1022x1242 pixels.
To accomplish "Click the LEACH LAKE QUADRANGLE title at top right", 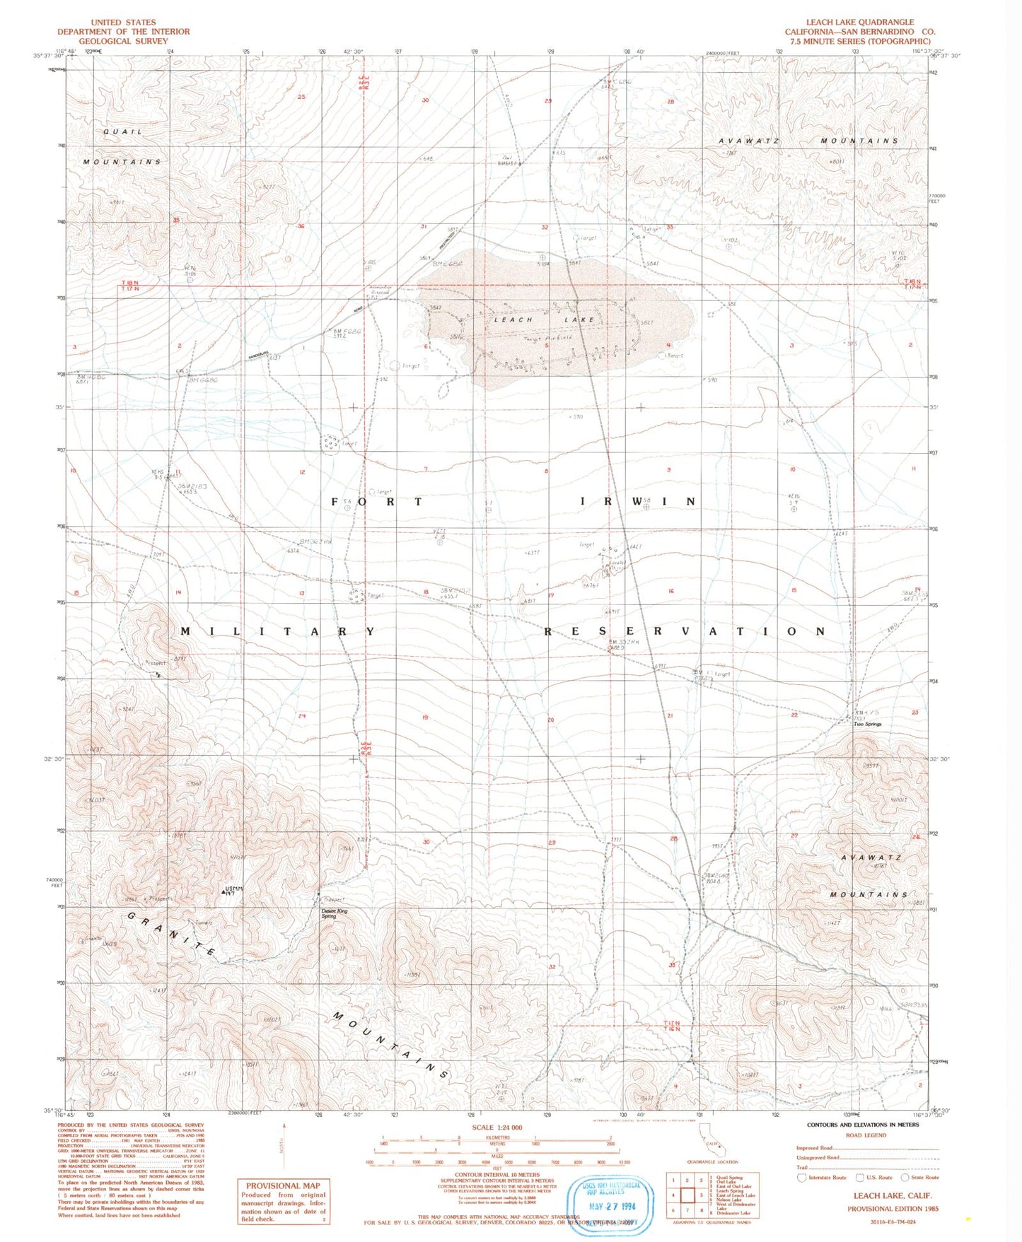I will click(859, 22).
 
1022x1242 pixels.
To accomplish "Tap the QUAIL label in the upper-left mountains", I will click(122, 132).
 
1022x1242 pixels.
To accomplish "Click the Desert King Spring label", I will click(335, 913).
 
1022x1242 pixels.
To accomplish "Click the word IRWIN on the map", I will click(637, 501).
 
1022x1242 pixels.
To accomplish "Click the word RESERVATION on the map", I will click(684, 631).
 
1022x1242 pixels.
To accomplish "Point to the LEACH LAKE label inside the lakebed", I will click(544, 320).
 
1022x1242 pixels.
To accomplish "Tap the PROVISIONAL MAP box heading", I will click(283, 1185).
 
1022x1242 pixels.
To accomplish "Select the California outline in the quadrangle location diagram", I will click(711, 1143).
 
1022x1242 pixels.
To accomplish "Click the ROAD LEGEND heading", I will click(866, 1135).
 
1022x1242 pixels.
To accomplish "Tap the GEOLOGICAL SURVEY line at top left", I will click(123, 41).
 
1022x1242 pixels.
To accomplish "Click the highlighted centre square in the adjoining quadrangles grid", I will click(687, 1195).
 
